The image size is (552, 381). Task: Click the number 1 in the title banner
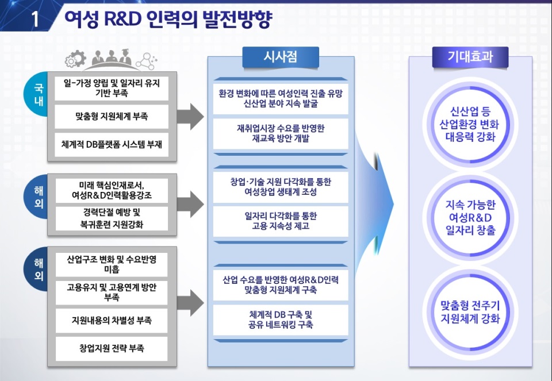pos(35,18)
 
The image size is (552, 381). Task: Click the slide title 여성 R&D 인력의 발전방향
pos(168,18)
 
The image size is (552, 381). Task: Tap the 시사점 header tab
pos(281,57)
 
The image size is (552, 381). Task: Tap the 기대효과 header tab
pos(470,57)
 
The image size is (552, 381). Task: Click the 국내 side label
pos(38,94)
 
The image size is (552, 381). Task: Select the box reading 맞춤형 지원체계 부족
pos(112,116)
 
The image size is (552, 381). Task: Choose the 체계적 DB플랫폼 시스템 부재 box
pos(112,144)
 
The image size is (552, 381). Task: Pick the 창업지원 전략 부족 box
pos(112,348)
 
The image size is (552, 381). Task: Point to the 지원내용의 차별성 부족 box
pos(112,320)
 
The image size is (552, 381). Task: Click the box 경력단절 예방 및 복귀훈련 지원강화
pos(112,218)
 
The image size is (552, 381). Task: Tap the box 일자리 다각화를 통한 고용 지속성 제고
pos(281,221)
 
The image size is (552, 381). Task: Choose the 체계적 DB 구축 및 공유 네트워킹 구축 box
pos(281,320)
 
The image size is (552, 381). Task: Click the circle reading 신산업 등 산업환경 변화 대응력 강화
pos(470,124)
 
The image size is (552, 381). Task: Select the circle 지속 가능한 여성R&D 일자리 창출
pos(470,217)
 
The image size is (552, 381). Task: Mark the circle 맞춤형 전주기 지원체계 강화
pos(470,312)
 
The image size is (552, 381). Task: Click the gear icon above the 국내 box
pos(75,59)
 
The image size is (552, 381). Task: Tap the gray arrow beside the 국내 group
pos(190,117)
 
